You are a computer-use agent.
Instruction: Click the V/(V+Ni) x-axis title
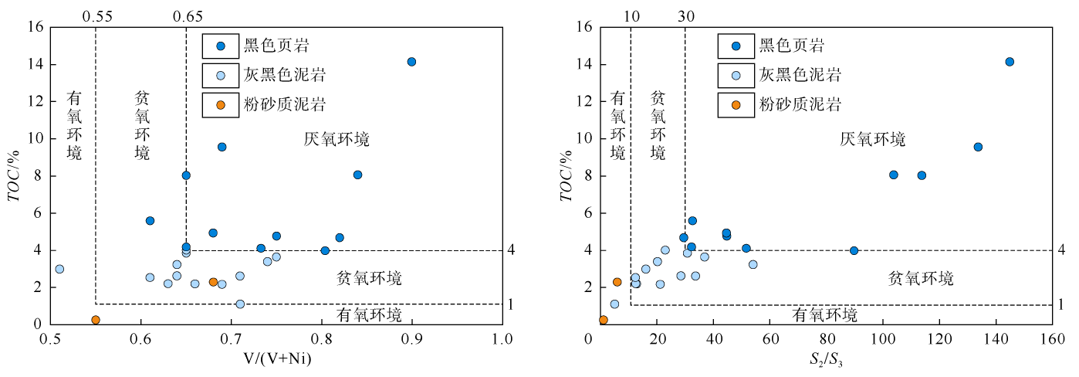(x=276, y=360)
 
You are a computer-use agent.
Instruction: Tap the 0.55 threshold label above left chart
(x=96, y=15)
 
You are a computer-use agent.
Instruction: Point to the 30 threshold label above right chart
(x=685, y=15)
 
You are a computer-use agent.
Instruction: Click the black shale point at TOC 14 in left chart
(x=411, y=62)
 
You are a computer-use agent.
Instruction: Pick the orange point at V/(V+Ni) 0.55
(x=96, y=320)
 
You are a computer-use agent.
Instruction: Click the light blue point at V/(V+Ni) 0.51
(x=59, y=269)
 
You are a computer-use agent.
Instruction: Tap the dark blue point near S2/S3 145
(x=1010, y=62)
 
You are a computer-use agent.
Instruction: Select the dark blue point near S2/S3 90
(x=854, y=250)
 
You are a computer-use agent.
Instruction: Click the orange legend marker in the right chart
(x=736, y=104)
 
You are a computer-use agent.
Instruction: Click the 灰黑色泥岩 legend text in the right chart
(x=800, y=75)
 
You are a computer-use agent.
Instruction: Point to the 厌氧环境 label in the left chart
(x=337, y=140)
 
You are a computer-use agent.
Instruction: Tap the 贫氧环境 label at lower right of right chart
(x=920, y=278)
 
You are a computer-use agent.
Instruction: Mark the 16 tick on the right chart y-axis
(x=583, y=27)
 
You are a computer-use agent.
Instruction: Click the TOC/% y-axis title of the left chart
(x=17, y=176)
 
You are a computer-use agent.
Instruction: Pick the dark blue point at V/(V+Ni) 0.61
(x=150, y=221)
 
